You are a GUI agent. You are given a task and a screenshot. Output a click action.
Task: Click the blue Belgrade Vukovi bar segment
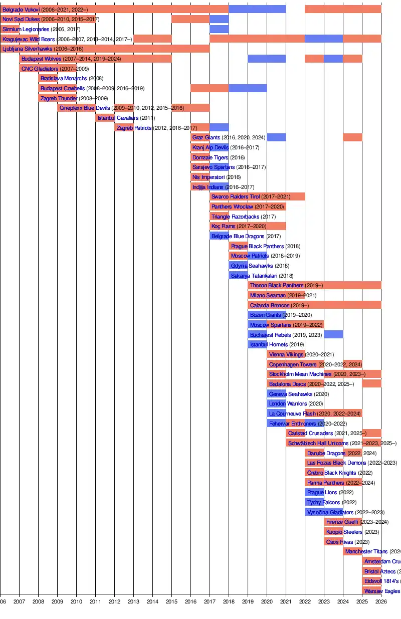point(257,9)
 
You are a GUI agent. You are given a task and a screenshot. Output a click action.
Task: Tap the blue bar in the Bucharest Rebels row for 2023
point(333,334)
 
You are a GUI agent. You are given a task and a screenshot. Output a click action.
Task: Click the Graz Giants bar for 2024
point(352,137)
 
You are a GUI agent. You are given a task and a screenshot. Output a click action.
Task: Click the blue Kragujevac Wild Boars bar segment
point(324,39)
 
